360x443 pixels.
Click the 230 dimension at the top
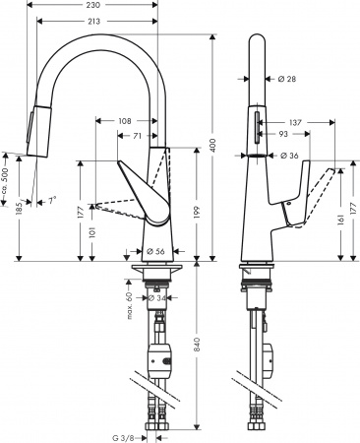(x=92, y=5)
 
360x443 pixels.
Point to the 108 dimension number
(x=125, y=121)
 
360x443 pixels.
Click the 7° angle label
(x=51, y=201)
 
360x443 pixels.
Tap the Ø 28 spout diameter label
(x=287, y=80)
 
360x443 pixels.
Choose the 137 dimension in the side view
(x=296, y=121)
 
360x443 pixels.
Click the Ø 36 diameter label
(x=289, y=156)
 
